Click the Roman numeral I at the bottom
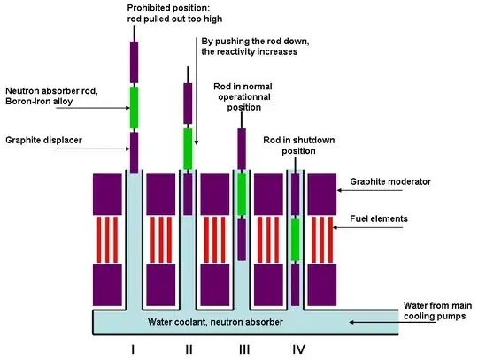pyautogui.click(x=132, y=349)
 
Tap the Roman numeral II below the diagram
pyautogui.click(x=188, y=349)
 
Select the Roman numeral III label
pyautogui.click(x=243, y=349)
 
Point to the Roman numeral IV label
pyautogui.click(x=298, y=349)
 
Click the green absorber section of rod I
pyautogui.click(x=135, y=106)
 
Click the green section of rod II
pyautogui.click(x=188, y=148)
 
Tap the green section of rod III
pyautogui.click(x=242, y=195)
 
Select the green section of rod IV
pyautogui.click(x=296, y=240)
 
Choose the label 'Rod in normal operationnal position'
pyautogui.click(x=243, y=96)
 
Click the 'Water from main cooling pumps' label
pyautogui.click(x=414, y=308)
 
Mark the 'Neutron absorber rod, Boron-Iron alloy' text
pyautogui.click(x=49, y=96)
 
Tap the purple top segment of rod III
pyautogui.click(x=242, y=143)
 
